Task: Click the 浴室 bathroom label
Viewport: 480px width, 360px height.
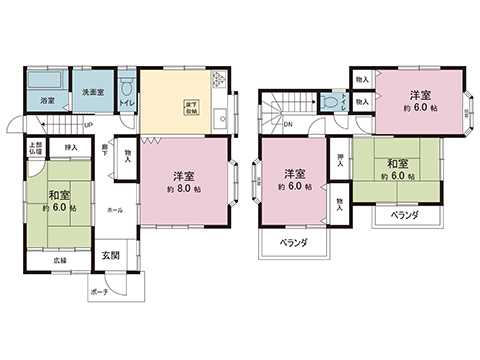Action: click(x=47, y=101)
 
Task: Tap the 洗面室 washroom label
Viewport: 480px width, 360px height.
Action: click(x=92, y=92)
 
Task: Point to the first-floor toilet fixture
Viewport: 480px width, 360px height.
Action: click(x=127, y=85)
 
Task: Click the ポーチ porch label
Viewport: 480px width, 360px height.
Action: click(x=99, y=292)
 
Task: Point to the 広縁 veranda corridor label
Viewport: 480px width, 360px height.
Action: click(x=61, y=260)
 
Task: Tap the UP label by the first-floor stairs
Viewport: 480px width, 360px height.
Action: click(x=89, y=124)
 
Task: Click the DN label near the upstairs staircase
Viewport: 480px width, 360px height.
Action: click(x=288, y=126)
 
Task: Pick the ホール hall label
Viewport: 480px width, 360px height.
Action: click(x=115, y=211)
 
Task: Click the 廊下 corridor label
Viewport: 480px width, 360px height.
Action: click(x=105, y=151)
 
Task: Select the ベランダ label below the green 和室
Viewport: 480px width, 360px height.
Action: click(x=404, y=215)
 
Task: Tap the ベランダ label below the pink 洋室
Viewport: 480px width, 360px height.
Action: click(x=292, y=242)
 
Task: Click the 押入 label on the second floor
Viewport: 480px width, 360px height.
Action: click(x=341, y=159)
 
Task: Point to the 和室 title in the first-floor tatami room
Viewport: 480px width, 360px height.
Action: click(x=57, y=195)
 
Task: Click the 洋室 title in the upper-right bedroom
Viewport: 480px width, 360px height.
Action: click(x=418, y=97)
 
